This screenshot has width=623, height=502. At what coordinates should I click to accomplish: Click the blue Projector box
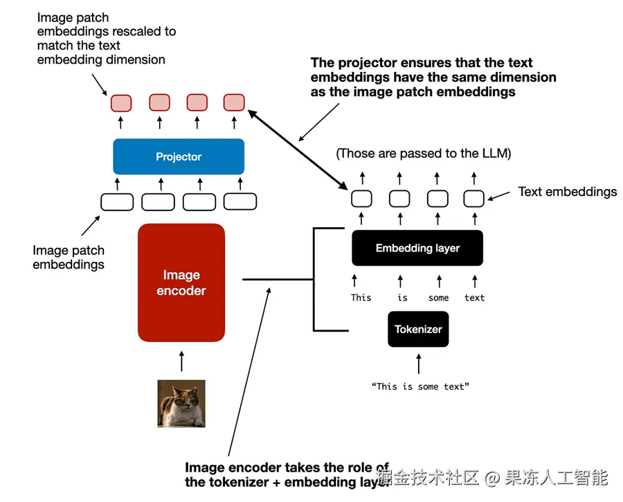179,156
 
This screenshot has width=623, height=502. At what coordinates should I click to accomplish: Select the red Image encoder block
181,283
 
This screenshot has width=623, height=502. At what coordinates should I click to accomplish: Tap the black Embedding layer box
417,248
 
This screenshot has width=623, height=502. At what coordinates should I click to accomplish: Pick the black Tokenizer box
418,329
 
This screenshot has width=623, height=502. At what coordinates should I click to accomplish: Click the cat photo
181,404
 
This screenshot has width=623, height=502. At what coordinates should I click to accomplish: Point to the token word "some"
438,298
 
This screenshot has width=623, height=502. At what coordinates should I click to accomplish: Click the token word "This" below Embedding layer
361,298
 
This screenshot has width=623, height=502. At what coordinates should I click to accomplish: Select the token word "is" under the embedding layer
402,298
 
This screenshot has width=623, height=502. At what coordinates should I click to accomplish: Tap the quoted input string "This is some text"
420,386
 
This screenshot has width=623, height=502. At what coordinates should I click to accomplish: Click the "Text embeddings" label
568,192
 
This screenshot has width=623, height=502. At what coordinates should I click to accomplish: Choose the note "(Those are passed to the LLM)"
424,154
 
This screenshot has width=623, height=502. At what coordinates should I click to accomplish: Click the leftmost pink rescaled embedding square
120,103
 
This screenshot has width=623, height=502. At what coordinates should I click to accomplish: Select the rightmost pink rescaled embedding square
234,102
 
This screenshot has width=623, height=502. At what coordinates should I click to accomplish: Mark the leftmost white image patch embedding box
117,202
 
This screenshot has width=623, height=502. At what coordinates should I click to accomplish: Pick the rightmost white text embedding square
473,199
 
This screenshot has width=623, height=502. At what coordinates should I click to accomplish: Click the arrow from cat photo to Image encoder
181,361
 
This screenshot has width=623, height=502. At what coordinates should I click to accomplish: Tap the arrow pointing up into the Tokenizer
418,364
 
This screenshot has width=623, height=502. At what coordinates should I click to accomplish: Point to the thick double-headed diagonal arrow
298,150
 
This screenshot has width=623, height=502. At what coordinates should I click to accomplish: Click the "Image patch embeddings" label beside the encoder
69,257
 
